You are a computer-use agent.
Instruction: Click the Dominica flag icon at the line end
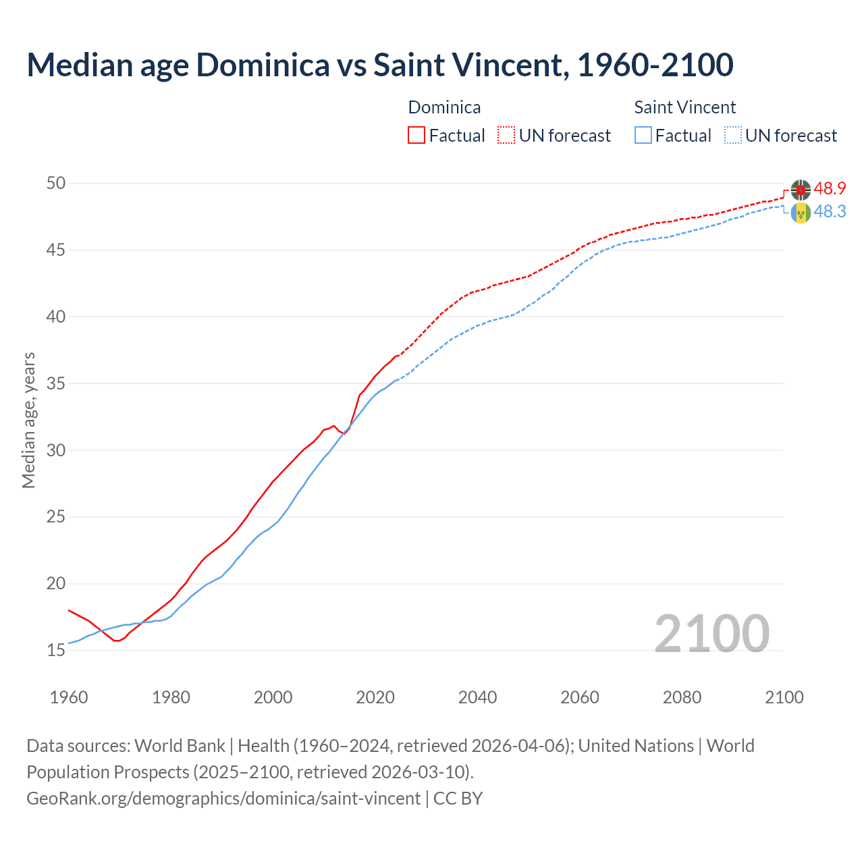click(801, 190)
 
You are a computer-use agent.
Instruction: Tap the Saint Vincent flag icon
click(801, 213)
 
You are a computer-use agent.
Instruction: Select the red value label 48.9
click(830, 189)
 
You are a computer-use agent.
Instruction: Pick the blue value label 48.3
click(830, 212)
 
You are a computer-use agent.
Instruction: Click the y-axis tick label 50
click(56, 184)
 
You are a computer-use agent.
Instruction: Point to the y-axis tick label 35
click(56, 384)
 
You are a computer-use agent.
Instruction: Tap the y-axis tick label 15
click(56, 651)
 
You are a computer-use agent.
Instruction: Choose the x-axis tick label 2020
click(375, 697)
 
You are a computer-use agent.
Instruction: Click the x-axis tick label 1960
click(69, 697)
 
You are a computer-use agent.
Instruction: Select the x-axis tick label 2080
click(682, 697)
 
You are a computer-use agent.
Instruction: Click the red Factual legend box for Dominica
click(416, 136)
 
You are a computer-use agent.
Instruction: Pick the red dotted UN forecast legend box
click(506, 136)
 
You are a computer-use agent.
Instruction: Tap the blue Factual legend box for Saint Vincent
click(643, 136)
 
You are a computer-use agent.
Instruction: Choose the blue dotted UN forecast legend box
click(733, 136)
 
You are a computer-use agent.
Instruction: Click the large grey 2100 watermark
click(711, 633)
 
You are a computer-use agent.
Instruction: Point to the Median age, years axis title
click(28, 420)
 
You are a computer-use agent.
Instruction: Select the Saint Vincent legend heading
click(684, 107)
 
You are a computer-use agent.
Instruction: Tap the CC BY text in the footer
click(458, 799)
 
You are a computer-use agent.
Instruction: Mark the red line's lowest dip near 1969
click(116, 641)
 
